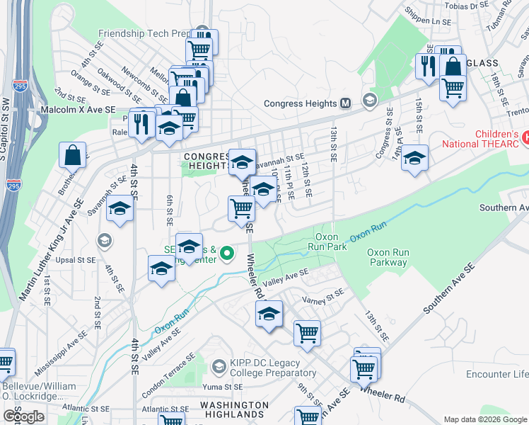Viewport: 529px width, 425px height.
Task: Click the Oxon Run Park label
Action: (x=331, y=242)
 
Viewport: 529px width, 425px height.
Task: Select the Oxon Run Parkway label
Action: (x=387, y=257)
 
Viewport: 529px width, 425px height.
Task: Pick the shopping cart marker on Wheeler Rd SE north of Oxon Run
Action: (x=242, y=208)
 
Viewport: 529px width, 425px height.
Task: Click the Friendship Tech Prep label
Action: (x=145, y=33)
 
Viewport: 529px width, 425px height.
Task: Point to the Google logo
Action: (x=23, y=417)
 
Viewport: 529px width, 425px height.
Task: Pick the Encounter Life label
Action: (x=497, y=374)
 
